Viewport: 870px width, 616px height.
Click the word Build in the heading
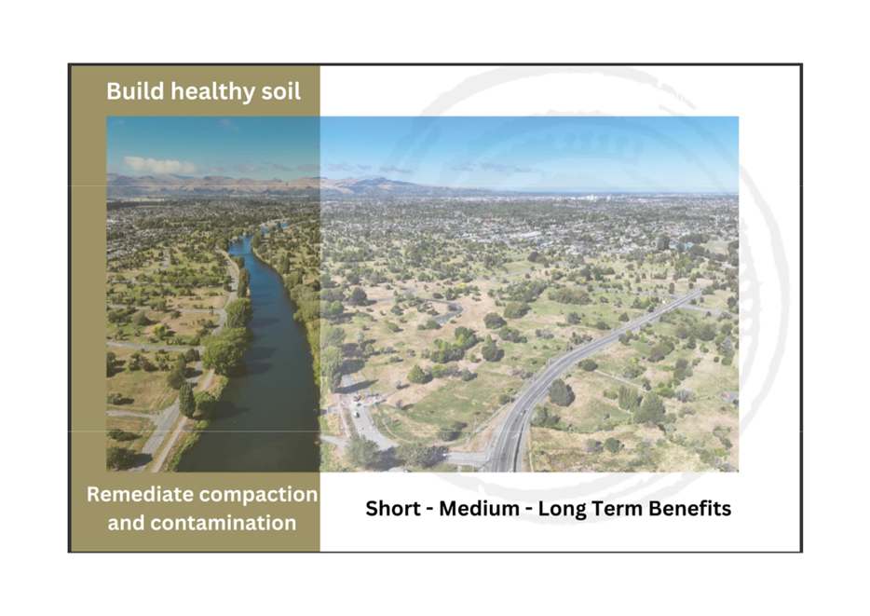pyautogui.click(x=135, y=91)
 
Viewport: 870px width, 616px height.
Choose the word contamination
pyautogui.click(x=224, y=523)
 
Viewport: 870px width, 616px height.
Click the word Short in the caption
pyautogui.click(x=393, y=508)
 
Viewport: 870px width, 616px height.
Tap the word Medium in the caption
pyautogui.click(x=480, y=508)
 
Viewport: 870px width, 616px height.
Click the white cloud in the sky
pyautogui.click(x=158, y=165)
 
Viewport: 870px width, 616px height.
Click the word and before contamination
pyautogui.click(x=126, y=523)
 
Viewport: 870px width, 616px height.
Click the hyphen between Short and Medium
pyautogui.click(x=429, y=510)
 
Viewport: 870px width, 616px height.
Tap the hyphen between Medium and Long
pyautogui.click(x=529, y=510)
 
